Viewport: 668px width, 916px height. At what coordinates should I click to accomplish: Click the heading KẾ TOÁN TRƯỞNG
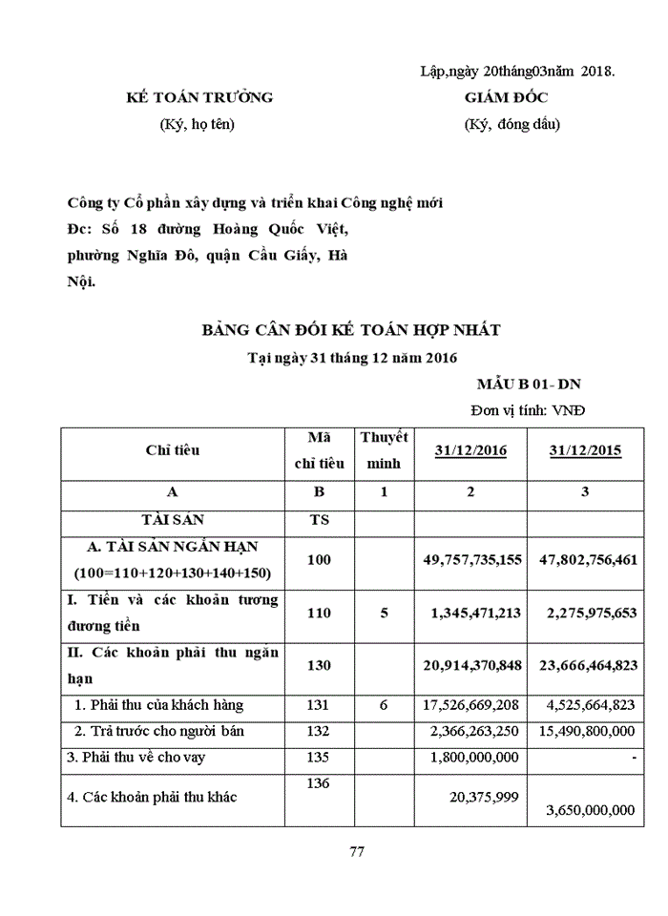pos(200,97)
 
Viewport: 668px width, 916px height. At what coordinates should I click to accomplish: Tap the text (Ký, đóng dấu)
pos(512,124)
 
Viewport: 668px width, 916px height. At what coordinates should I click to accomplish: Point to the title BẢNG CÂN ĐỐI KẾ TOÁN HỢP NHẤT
pos(351,330)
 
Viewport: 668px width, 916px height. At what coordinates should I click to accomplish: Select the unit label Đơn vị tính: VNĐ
pos(528,410)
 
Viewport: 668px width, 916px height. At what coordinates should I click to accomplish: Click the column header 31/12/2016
pos(470,450)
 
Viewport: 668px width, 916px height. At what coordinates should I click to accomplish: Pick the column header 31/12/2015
pos(585,450)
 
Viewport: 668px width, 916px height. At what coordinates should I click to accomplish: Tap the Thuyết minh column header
pos(384,450)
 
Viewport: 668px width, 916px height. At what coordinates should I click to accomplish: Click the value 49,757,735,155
pos(472,559)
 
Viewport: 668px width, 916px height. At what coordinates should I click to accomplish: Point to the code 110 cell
pos(319,613)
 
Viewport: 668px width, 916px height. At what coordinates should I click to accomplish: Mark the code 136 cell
pos(319,782)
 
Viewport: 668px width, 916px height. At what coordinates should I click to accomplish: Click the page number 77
pos(357,852)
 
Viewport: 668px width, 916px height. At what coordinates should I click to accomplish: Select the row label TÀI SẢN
pos(173,520)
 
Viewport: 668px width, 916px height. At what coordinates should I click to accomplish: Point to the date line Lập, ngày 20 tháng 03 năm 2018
pos(517,71)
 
